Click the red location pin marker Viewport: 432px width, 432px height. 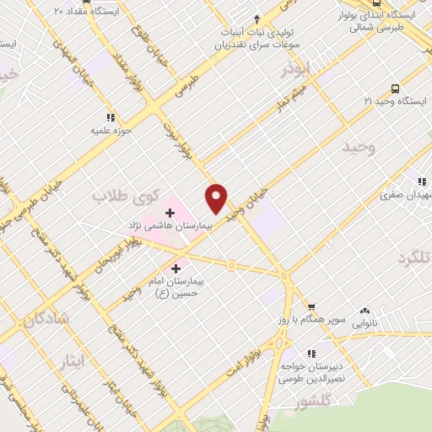point(217,199)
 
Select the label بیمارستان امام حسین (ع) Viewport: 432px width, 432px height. point(175,285)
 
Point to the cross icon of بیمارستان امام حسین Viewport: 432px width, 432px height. point(175,268)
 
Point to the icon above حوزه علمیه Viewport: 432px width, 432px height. point(110,117)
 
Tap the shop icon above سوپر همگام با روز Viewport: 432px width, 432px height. point(311,306)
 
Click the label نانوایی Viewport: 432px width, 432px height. point(364,323)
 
